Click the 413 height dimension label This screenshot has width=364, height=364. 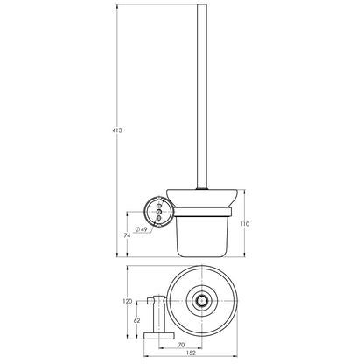point(117,130)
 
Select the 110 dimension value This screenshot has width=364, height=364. point(244,224)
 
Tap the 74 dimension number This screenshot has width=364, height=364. point(127,235)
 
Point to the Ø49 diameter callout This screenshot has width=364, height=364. point(141,229)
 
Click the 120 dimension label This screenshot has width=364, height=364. point(128,301)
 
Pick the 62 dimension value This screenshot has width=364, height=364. point(136,320)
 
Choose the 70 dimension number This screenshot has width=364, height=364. point(181,345)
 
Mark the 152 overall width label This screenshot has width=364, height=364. point(191,353)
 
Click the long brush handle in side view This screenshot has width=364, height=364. point(202,96)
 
